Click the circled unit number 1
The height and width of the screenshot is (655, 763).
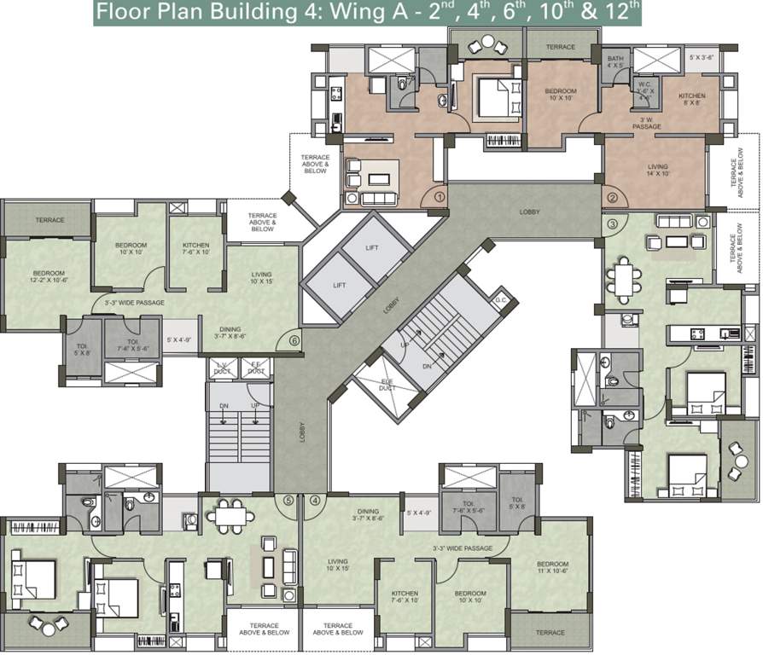440,197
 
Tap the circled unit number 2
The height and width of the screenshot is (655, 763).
613,198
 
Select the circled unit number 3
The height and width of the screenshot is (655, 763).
612,224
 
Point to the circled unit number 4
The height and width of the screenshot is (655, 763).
316,500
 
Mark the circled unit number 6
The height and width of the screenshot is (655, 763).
294,339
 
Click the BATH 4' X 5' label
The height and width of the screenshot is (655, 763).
616,61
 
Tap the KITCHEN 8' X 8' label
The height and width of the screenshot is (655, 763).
691,100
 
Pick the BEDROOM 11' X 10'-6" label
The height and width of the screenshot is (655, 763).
552,568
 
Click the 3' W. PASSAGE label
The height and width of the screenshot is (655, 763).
647,123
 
